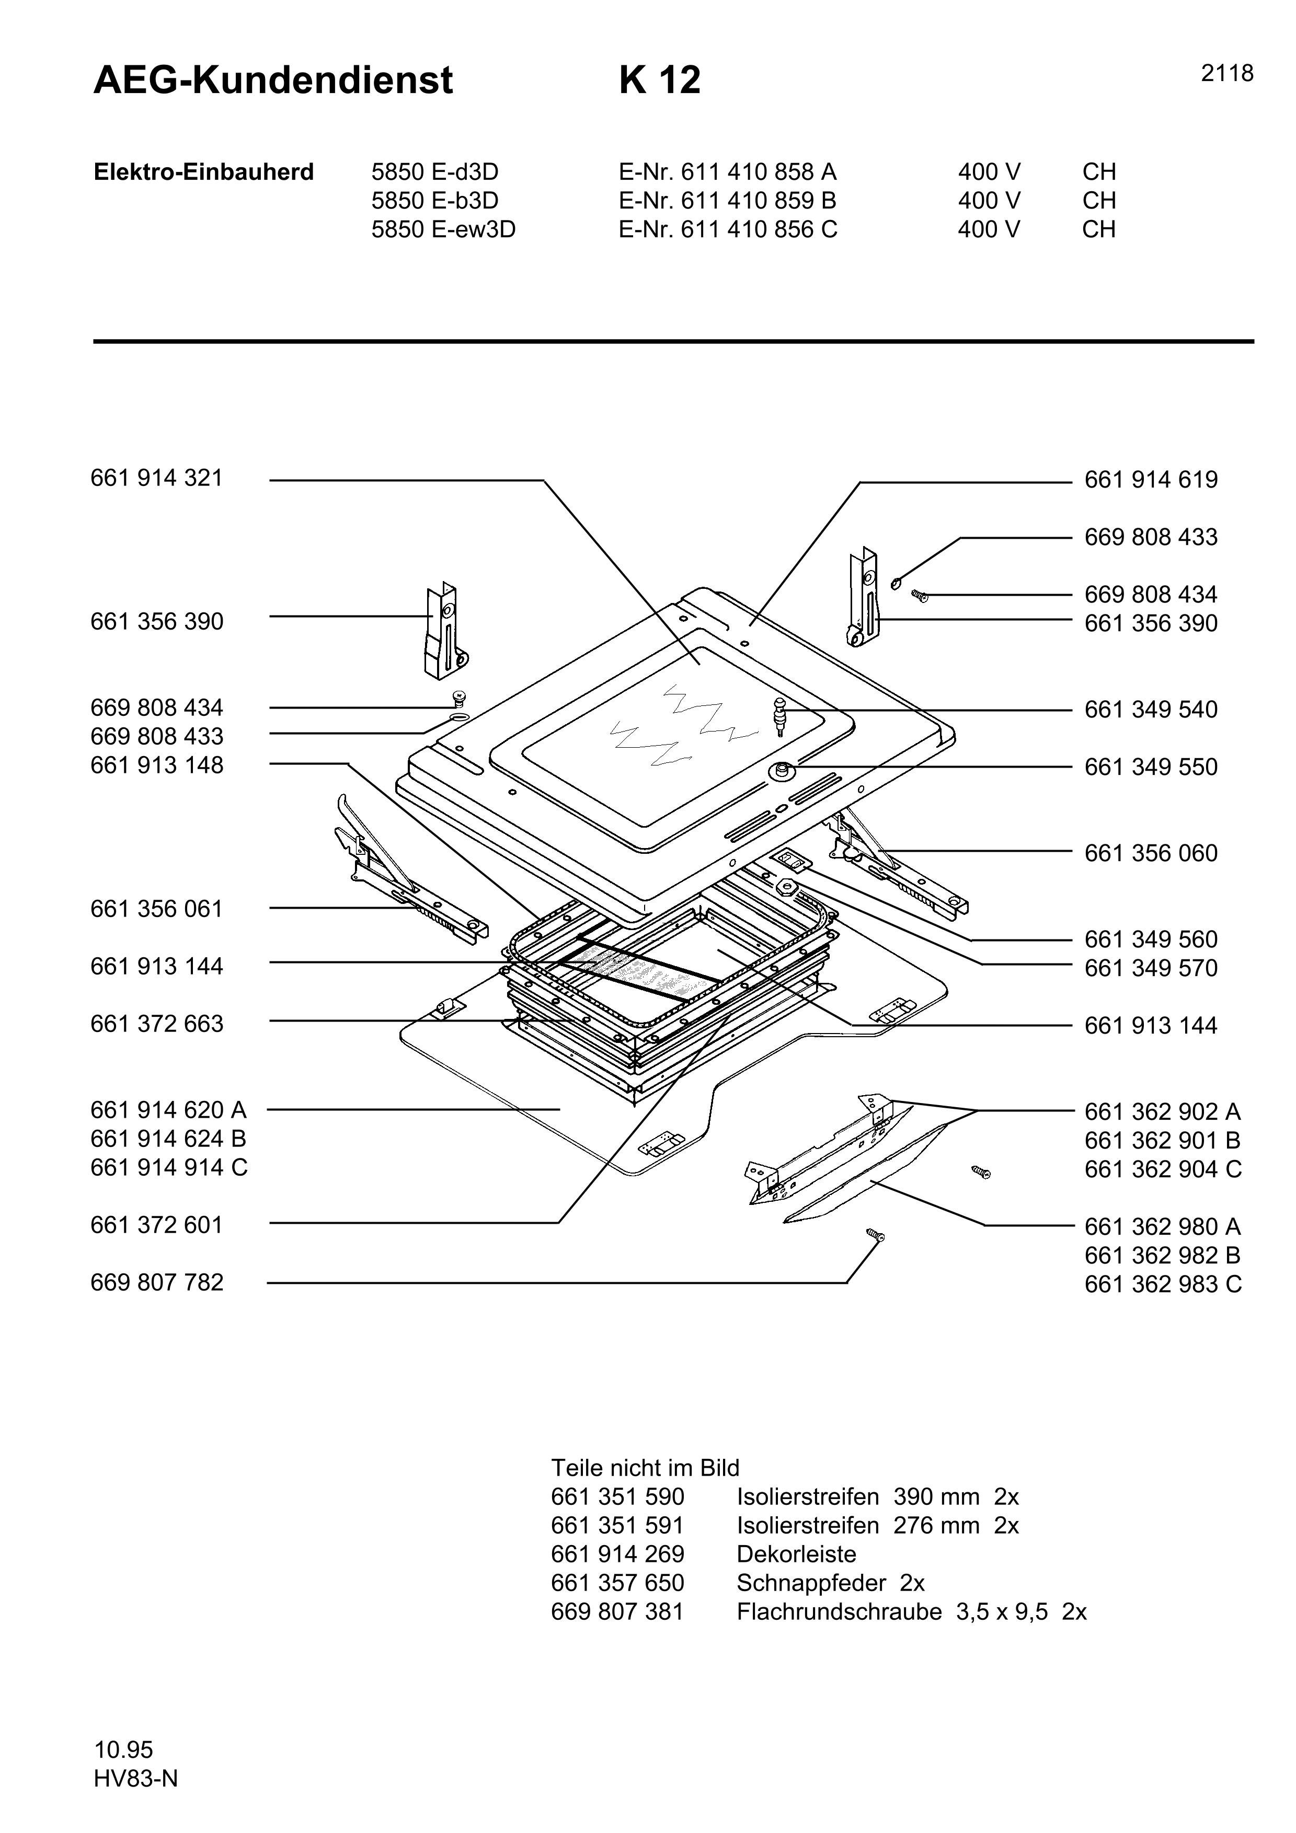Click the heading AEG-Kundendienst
[273, 80]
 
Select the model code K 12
[660, 80]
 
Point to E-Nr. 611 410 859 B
[727, 200]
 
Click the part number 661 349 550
[1151, 767]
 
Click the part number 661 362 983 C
[1163, 1284]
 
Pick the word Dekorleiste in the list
[796, 1554]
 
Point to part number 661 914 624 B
[168, 1139]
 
